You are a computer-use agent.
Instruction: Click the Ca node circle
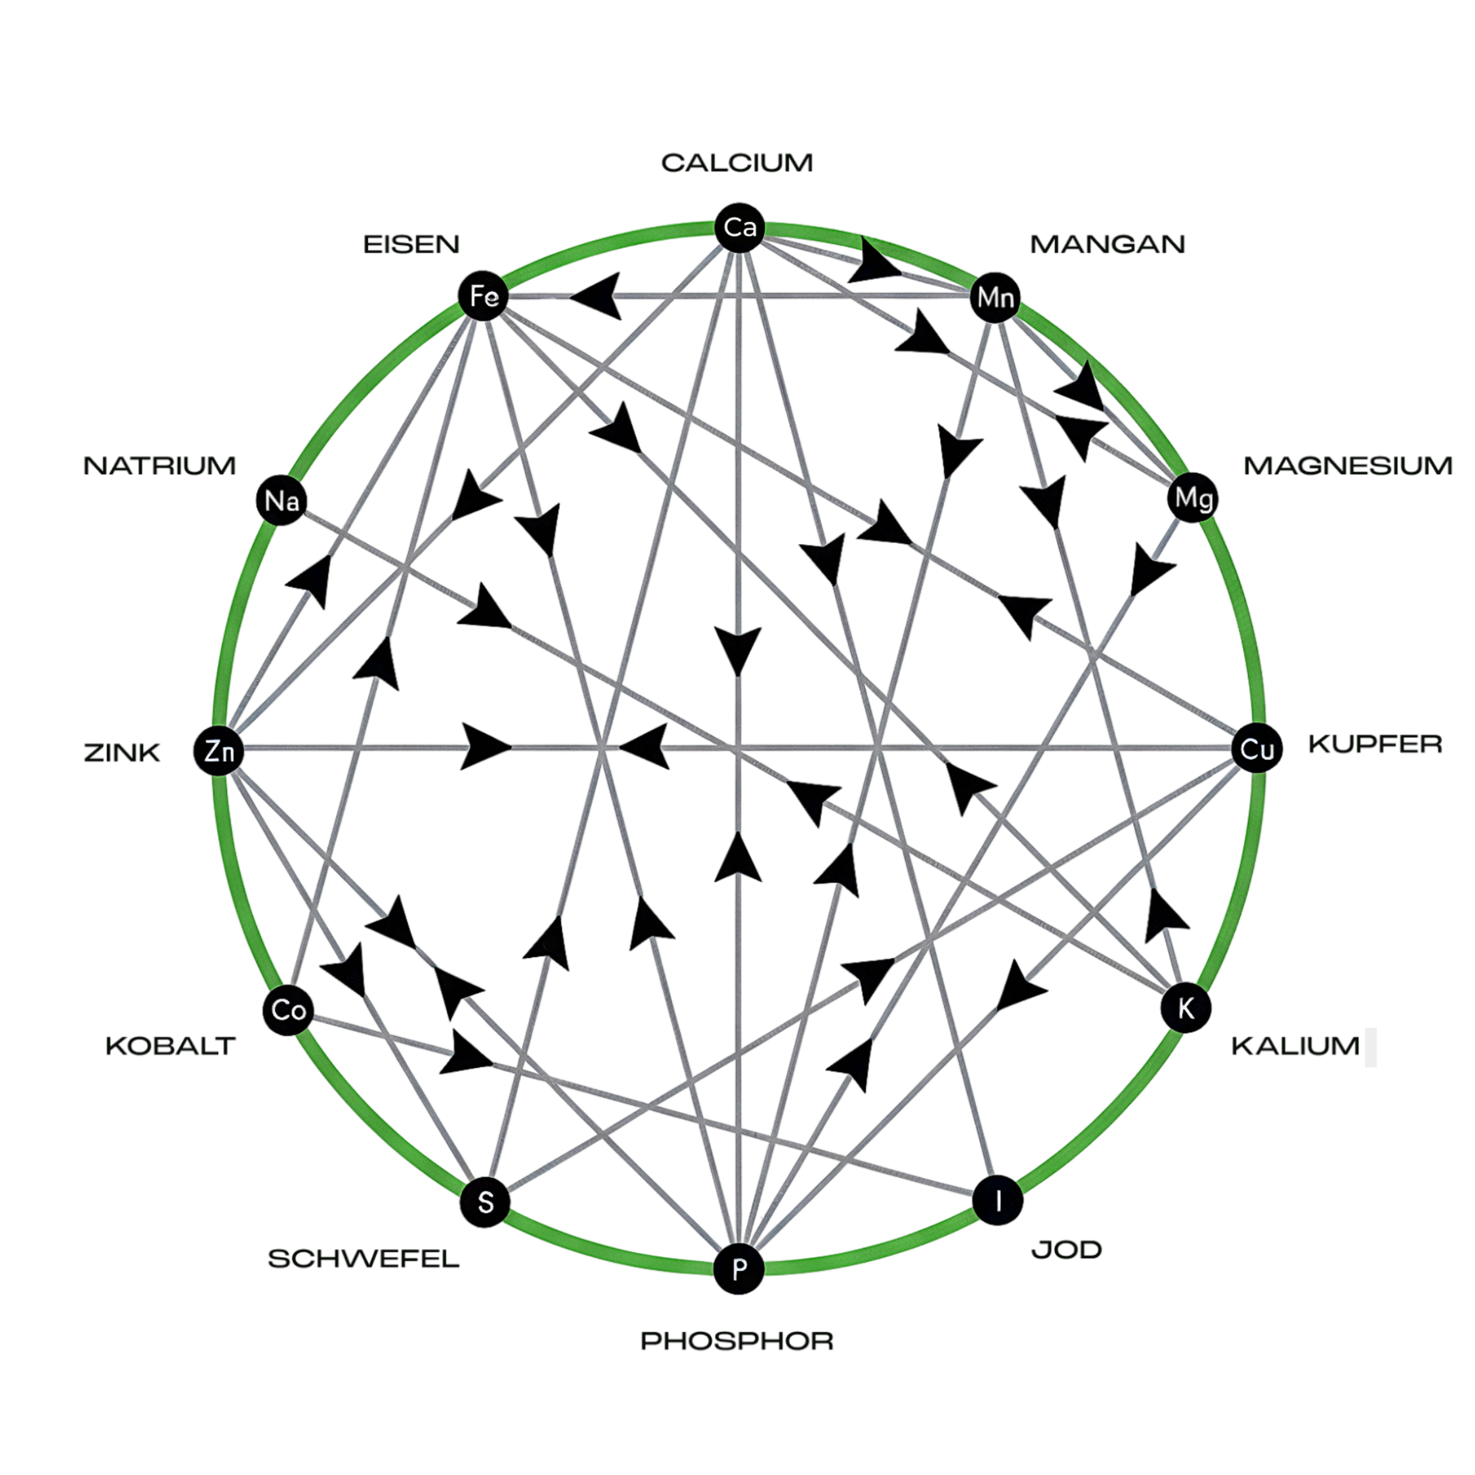click(739, 227)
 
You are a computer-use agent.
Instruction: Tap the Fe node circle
click(483, 296)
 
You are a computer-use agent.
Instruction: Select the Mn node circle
click(996, 296)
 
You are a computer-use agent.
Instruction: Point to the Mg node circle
click(1193, 498)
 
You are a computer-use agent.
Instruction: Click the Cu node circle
click(1257, 749)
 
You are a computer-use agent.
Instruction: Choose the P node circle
click(738, 1269)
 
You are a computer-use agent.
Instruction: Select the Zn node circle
click(218, 751)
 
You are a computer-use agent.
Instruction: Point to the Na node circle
click(281, 501)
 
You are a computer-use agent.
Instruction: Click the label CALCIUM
click(737, 163)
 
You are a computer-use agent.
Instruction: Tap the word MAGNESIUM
click(1347, 466)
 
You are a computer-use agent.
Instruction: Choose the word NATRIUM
click(159, 466)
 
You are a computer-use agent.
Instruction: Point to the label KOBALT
click(170, 1046)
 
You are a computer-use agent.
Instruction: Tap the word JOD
click(1066, 1250)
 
